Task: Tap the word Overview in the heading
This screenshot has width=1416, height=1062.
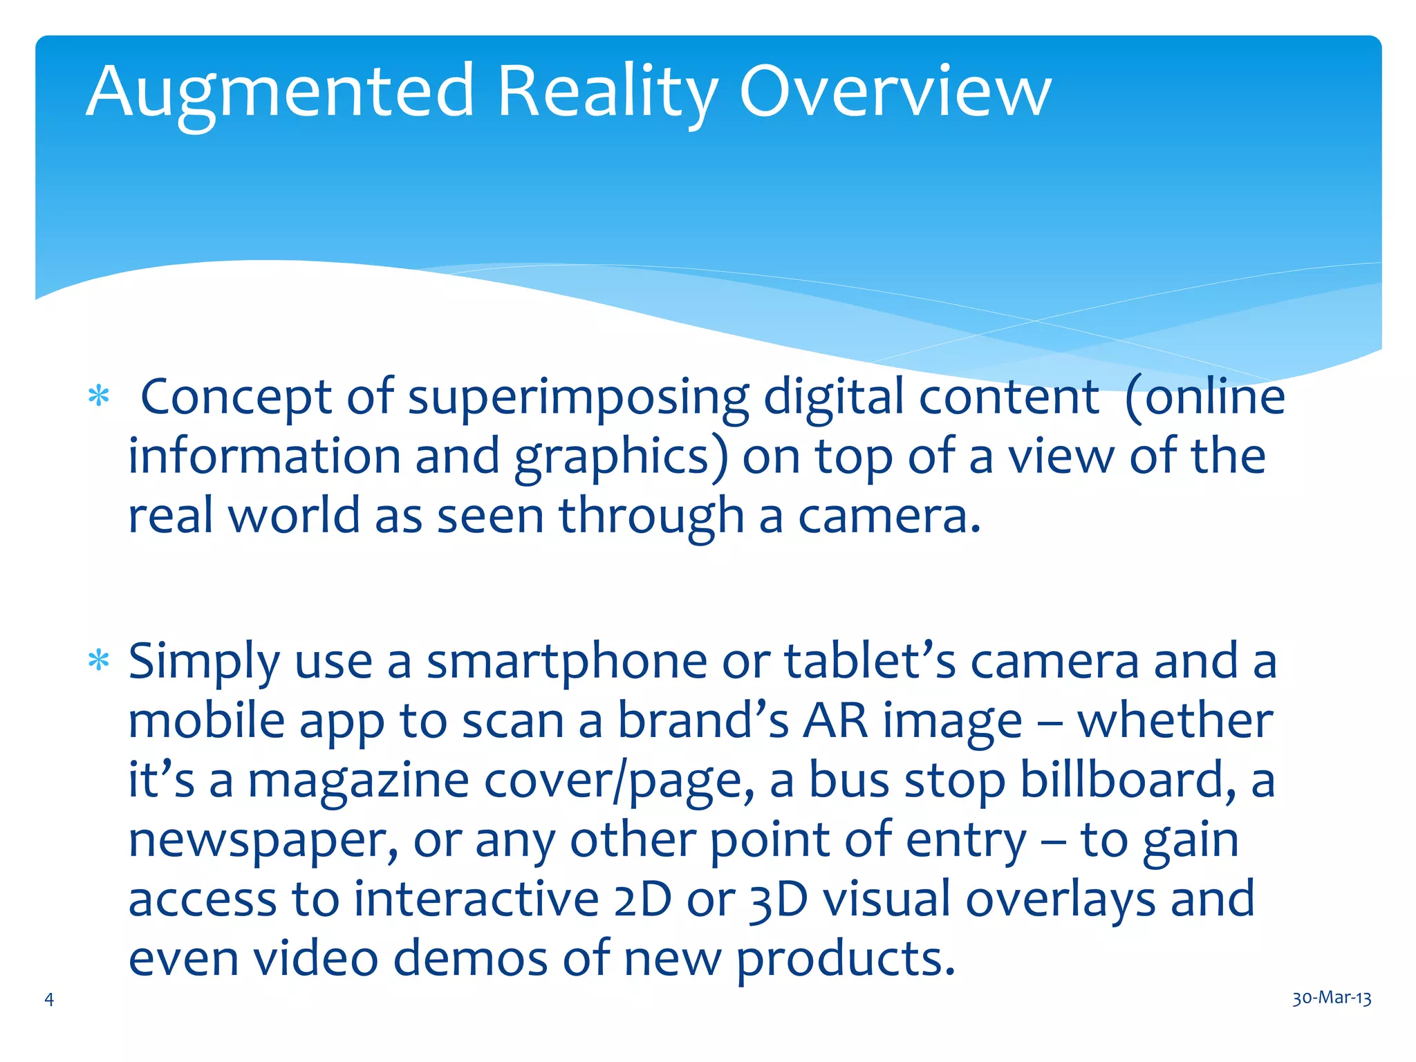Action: tap(895, 92)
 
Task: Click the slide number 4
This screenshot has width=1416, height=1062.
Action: tap(49, 998)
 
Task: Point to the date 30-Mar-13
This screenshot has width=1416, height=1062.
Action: tap(1332, 998)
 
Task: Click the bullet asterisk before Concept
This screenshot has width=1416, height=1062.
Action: tap(99, 397)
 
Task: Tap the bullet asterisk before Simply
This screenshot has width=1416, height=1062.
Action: tap(99, 661)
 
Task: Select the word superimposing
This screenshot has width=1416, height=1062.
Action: tap(578, 399)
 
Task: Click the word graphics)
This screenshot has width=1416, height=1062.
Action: tap(621, 458)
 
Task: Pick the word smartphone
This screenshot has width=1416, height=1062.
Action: tap(566, 662)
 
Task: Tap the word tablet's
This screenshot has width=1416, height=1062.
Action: tap(870, 662)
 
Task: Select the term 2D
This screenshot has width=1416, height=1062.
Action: tap(642, 900)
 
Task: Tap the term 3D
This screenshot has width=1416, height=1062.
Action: tap(779, 900)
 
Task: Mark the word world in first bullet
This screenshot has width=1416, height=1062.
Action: tap(294, 516)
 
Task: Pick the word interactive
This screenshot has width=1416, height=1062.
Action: tap(476, 900)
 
